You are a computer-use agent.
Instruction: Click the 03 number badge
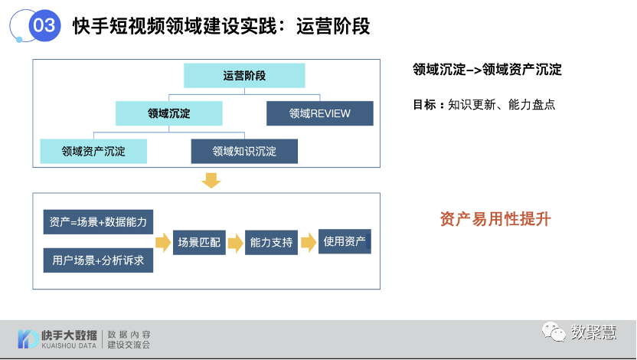pos(44,25)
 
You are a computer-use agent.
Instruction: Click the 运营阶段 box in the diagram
pos(244,76)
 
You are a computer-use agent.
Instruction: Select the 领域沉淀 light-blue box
pos(168,113)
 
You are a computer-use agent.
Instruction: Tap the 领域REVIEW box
pos(319,113)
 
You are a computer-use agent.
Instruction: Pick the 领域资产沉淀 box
pos(93,151)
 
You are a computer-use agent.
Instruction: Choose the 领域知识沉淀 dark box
pos(244,151)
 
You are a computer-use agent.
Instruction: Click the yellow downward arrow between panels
pos(211,181)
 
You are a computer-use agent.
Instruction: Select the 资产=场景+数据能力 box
pos(99,222)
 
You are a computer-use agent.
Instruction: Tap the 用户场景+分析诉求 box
pos(99,260)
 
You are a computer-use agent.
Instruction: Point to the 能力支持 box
pos(271,242)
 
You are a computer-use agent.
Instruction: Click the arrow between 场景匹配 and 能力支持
pos(235,242)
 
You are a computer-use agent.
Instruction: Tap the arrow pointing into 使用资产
pos(309,242)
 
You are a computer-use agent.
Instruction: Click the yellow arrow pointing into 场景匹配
pos(163,242)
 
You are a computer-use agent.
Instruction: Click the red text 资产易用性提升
pos(495,219)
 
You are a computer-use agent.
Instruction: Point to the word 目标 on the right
pos(424,104)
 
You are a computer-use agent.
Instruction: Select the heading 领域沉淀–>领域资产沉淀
pos(487,70)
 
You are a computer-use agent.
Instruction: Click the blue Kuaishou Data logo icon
pos(28,339)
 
